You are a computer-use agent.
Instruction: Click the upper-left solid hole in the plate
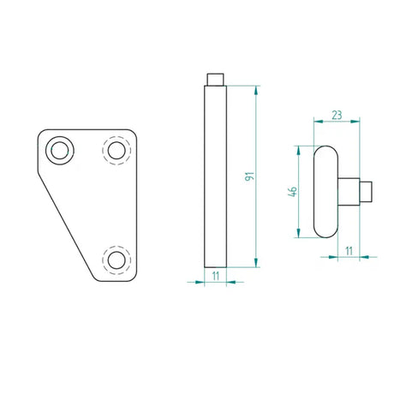[61, 150]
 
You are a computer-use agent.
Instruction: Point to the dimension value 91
[249, 176]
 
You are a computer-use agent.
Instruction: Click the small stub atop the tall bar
[215, 80]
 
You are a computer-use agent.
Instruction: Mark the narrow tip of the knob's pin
[366, 190]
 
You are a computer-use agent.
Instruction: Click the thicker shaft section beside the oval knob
[349, 190]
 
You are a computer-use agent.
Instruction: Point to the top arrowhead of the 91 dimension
[256, 89]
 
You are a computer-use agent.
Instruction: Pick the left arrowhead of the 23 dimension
[316, 121]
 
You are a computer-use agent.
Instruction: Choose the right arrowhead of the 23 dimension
[357, 121]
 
